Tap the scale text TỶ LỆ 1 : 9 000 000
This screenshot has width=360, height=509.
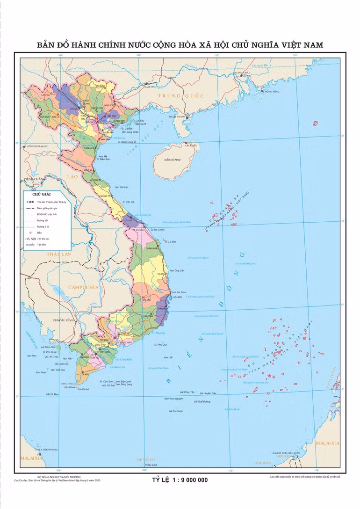(x=180, y=480)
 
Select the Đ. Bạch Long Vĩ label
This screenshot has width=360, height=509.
(x=127, y=142)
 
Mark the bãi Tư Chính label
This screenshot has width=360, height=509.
(x=174, y=411)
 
